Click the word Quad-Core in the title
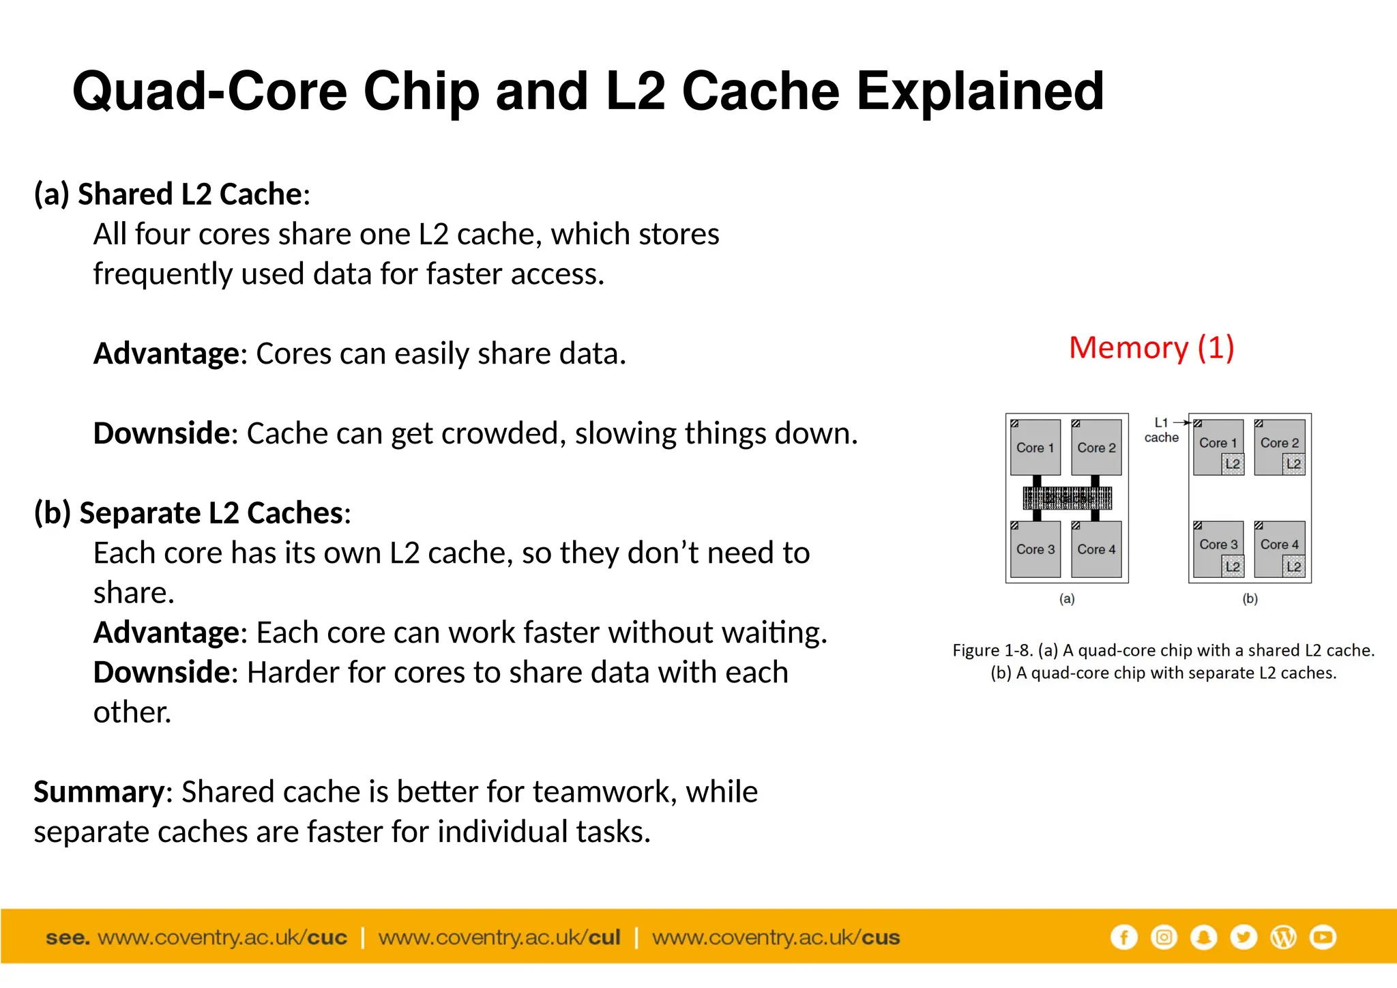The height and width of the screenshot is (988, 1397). (x=209, y=91)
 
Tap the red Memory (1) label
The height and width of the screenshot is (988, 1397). (x=1151, y=348)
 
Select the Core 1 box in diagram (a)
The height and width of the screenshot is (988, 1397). (x=1035, y=448)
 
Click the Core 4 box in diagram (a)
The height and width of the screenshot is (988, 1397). (x=1096, y=549)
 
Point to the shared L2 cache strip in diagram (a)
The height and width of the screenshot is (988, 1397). (x=1067, y=498)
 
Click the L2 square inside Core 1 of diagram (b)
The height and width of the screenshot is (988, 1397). (x=1232, y=464)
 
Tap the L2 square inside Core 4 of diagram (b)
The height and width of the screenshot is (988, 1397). (x=1293, y=566)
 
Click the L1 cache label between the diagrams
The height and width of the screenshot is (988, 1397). (x=1161, y=431)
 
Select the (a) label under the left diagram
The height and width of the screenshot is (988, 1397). (x=1067, y=598)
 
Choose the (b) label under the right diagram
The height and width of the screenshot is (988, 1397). (x=1250, y=598)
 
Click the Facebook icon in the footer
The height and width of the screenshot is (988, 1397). (x=1123, y=937)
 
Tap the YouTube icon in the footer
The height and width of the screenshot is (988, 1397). (x=1323, y=937)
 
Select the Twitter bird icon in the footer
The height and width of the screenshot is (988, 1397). (x=1244, y=937)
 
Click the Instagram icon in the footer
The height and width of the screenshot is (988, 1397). (x=1164, y=937)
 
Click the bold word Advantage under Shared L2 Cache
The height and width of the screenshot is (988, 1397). (x=166, y=353)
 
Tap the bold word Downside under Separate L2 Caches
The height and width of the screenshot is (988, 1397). (x=162, y=672)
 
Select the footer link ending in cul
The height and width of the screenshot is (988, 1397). (x=499, y=938)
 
